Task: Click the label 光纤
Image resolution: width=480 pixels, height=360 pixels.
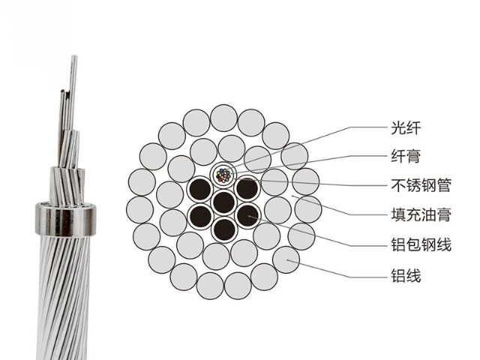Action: click(406, 127)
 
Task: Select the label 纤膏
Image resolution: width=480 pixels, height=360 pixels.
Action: click(406, 156)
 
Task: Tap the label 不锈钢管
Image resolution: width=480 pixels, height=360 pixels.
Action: click(421, 185)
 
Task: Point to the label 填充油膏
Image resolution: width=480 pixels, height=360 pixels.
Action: click(421, 214)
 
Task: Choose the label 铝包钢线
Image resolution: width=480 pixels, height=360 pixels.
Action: click(421, 244)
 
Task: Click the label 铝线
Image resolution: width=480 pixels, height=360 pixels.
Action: click(406, 275)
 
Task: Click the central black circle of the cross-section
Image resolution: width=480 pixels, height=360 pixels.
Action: click(224, 202)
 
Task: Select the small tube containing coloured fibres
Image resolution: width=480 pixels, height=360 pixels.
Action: click(223, 175)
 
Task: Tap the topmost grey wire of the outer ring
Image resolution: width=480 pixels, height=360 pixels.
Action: click(224, 118)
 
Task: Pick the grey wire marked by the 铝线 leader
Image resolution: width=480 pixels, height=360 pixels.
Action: click(286, 260)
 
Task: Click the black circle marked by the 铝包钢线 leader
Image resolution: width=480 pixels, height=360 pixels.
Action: click(248, 215)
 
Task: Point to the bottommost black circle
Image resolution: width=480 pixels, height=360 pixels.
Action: click(224, 229)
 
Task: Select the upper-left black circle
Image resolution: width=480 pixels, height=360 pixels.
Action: click(200, 189)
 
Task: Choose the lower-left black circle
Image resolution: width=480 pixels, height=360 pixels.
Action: click(200, 216)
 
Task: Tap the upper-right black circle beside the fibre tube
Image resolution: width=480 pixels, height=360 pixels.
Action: click(247, 188)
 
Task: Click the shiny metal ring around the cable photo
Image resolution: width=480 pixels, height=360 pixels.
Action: click(65, 220)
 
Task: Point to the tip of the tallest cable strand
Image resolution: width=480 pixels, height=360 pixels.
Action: click(74, 56)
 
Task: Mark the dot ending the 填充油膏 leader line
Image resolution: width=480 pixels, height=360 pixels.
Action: click(292, 196)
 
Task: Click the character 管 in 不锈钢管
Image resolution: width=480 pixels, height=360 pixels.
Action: click(443, 185)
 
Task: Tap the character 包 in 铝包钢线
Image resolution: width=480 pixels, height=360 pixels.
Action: click(413, 244)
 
